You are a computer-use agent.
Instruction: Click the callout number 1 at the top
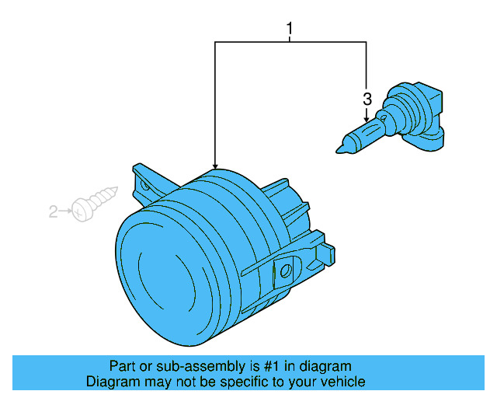pyautogui.click(x=290, y=30)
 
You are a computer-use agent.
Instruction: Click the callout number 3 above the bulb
pyautogui.click(x=367, y=99)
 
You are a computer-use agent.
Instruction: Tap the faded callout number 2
pyautogui.click(x=54, y=211)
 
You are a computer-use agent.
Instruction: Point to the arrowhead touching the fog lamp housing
pyautogui.click(x=215, y=165)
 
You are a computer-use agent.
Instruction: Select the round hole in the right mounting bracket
pyautogui.click(x=285, y=271)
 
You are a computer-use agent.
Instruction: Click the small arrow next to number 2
pyautogui.click(x=65, y=211)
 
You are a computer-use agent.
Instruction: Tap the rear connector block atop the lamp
pyautogui.click(x=283, y=198)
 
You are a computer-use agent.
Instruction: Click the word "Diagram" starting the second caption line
pyautogui.click(x=112, y=382)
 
